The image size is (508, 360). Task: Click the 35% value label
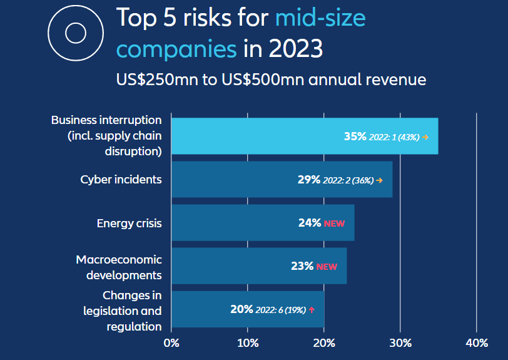[x=355, y=136]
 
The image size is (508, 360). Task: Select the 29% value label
[x=309, y=180]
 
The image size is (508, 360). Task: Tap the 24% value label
[x=310, y=223]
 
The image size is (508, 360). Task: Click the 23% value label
[x=302, y=266]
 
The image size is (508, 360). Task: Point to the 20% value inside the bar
[x=241, y=309]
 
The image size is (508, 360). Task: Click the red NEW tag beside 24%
[x=334, y=224]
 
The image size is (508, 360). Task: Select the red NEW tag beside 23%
[x=327, y=267]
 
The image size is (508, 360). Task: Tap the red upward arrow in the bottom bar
[x=311, y=310]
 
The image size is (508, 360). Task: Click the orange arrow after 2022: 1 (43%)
[x=425, y=136]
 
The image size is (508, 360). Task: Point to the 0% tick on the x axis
[x=171, y=342]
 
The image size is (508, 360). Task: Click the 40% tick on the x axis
[x=477, y=342]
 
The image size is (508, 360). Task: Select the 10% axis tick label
[x=248, y=342]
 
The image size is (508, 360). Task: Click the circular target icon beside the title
[x=75, y=32]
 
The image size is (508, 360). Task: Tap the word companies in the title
[x=176, y=48]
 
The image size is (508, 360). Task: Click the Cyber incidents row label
[x=121, y=180]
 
